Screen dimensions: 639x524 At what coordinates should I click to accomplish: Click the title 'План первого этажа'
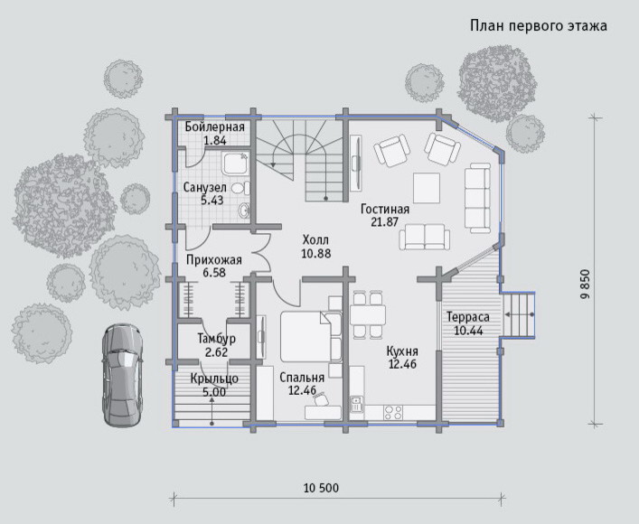tap(539, 26)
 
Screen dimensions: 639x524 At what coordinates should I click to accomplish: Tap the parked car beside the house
tap(123, 375)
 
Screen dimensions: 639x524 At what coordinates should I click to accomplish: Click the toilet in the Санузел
tap(240, 188)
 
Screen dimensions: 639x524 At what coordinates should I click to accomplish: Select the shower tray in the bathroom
tap(235, 163)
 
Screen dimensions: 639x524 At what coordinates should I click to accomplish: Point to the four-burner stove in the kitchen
tap(393, 412)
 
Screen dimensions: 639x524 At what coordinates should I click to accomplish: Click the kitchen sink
tap(357, 404)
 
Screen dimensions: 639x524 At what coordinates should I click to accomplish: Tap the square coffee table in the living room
tap(427, 188)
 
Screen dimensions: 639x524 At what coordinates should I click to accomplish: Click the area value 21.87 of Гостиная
tap(385, 221)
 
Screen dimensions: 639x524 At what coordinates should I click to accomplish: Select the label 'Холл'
tap(315, 239)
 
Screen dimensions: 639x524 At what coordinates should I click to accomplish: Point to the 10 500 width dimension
tap(321, 488)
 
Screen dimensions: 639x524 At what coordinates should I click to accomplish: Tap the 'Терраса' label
tap(468, 316)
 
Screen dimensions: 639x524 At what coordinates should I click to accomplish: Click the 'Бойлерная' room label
tap(215, 126)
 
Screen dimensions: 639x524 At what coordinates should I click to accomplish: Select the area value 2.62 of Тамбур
tap(216, 352)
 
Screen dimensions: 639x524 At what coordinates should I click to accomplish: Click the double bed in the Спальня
tap(311, 337)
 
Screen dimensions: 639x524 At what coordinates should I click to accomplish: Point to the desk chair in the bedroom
tap(321, 398)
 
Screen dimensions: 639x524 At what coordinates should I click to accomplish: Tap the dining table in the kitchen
tap(368, 314)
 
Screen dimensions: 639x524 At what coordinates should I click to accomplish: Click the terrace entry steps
tap(519, 315)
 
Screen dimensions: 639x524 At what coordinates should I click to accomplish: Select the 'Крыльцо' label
tap(214, 379)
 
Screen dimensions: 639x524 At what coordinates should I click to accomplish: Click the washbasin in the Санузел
tap(244, 211)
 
